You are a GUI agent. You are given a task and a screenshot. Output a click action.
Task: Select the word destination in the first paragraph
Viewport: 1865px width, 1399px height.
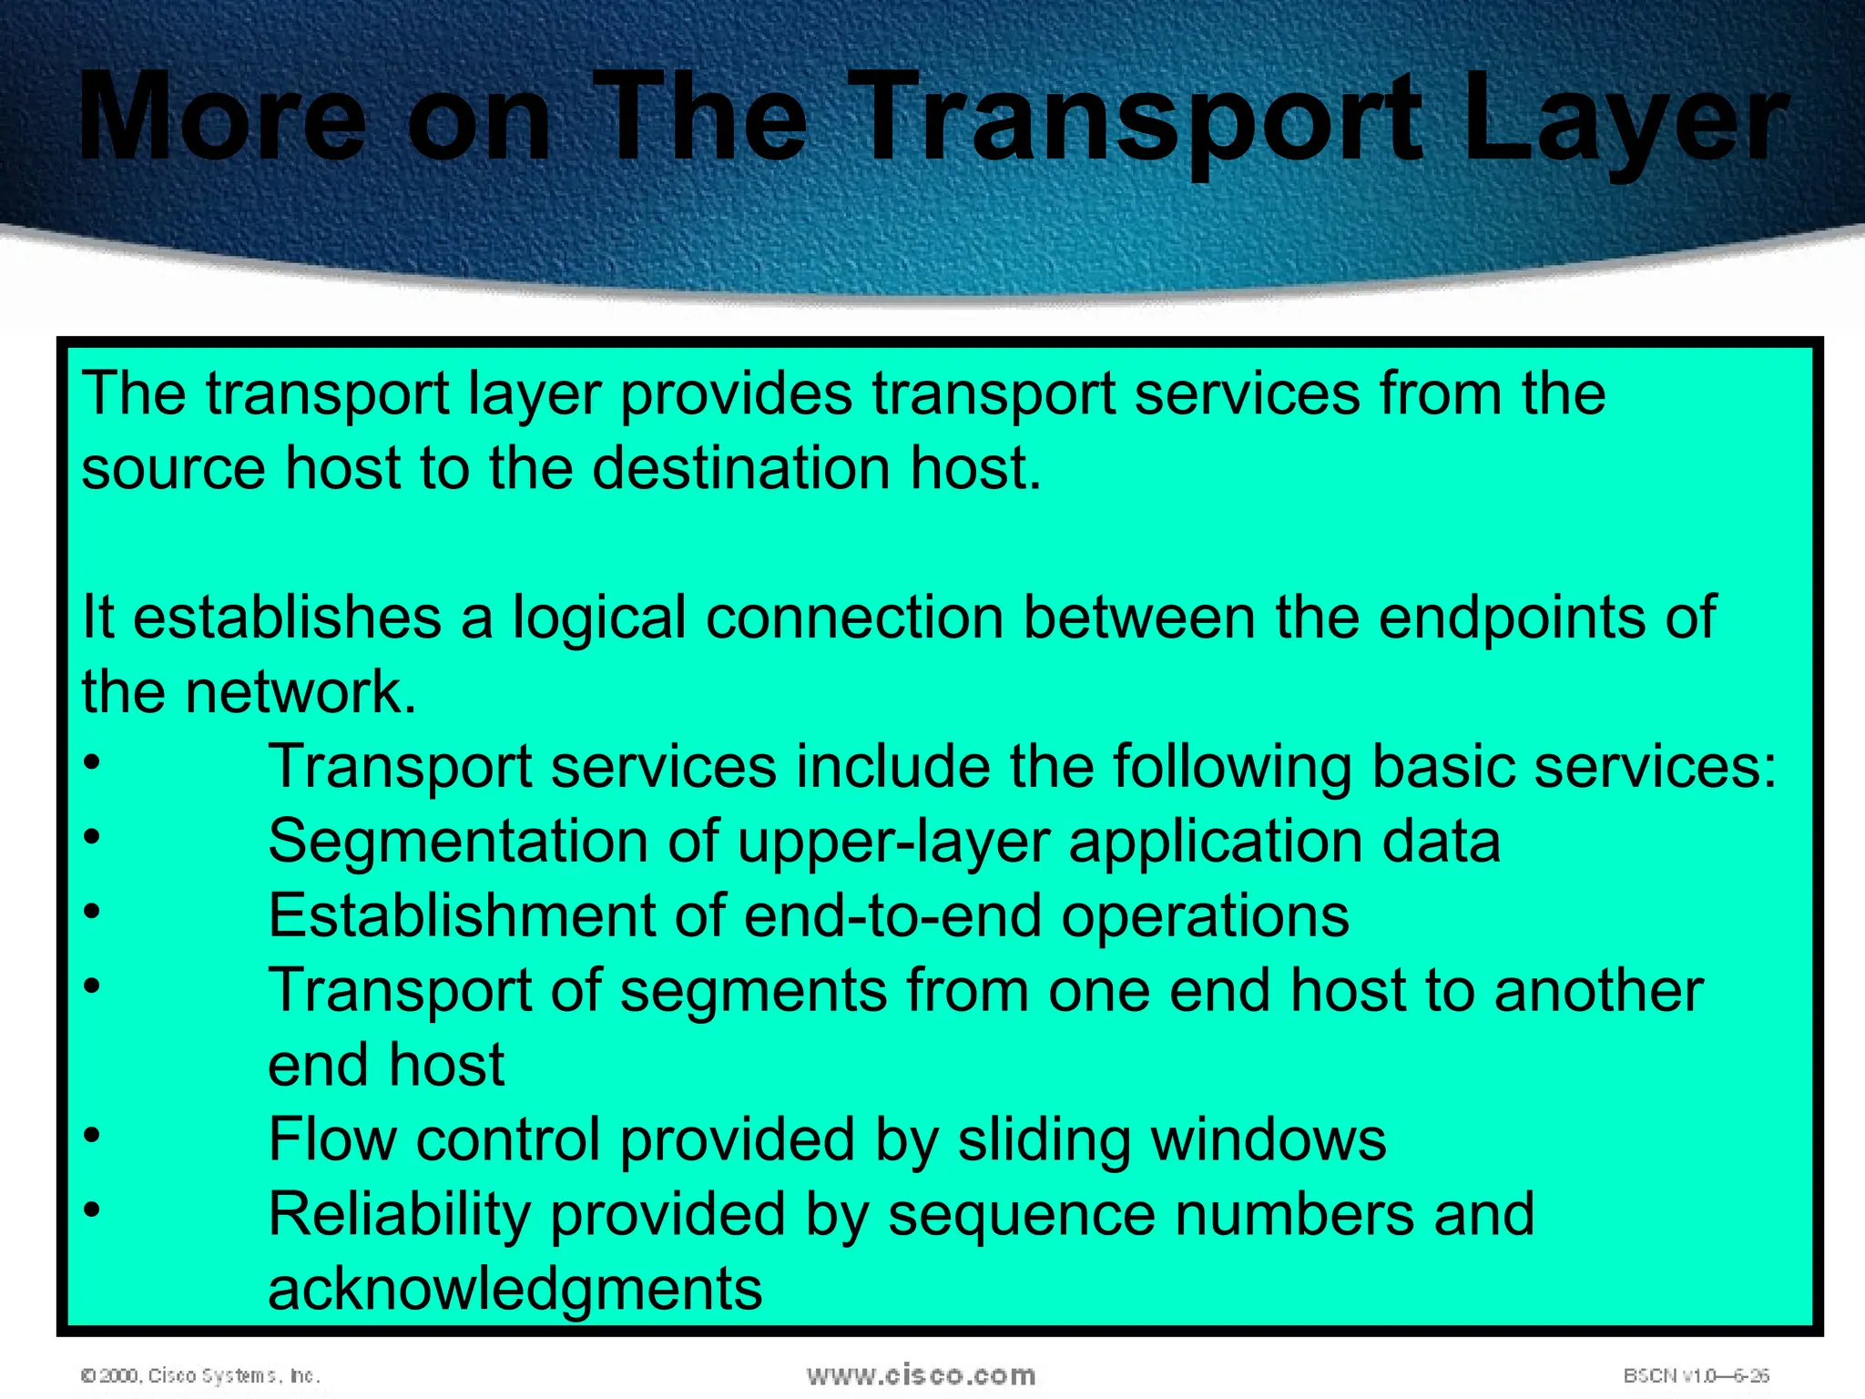click(x=741, y=468)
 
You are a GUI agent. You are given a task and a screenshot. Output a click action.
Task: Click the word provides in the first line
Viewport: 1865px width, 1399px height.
click(x=736, y=395)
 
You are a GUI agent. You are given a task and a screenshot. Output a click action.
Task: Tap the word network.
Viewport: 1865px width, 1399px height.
click(x=301, y=692)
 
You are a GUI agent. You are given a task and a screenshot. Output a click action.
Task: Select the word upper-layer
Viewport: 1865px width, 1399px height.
click(x=893, y=842)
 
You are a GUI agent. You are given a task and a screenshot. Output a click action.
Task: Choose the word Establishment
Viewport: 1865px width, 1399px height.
click(x=461, y=916)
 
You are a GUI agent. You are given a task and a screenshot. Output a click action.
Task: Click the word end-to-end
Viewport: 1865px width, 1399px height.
click(x=892, y=916)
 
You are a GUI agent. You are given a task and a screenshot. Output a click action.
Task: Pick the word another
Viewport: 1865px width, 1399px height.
click(x=1598, y=991)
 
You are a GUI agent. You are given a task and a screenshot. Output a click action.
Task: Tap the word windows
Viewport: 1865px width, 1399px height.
click(x=1269, y=1140)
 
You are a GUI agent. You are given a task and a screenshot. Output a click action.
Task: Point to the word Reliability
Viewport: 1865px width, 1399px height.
click(x=399, y=1215)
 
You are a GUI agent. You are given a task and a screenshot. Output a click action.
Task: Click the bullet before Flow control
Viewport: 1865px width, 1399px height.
click(x=91, y=1135)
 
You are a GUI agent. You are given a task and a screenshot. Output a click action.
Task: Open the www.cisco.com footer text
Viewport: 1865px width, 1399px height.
click(x=921, y=1375)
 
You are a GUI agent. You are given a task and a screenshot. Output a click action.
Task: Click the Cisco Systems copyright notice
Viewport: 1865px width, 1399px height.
click(x=200, y=1375)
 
